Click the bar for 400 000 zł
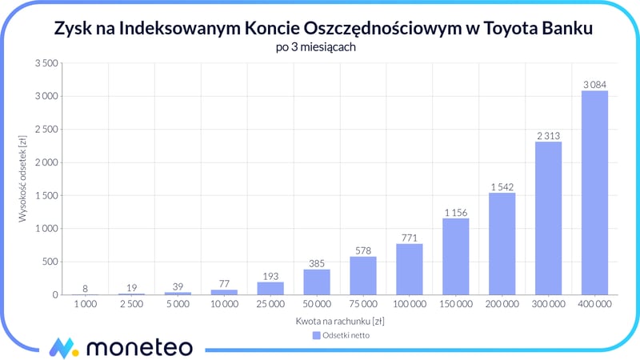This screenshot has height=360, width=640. pyautogui.click(x=594, y=193)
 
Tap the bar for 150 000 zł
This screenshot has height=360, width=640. pyautogui.click(x=455, y=256)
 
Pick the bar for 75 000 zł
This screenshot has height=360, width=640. pyautogui.click(x=362, y=275)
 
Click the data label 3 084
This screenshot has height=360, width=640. pyautogui.click(x=594, y=84)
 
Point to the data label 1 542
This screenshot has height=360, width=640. pyautogui.click(x=501, y=186)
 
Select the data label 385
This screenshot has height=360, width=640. pyautogui.click(x=316, y=263)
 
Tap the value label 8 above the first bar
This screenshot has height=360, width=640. pyautogui.click(x=85, y=288)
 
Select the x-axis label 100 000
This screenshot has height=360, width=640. pyautogui.click(x=409, y=306)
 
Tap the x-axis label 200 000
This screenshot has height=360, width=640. pyautogui.click(x=501, y=306)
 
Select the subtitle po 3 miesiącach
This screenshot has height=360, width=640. pyautogui.click(x=320, y=47)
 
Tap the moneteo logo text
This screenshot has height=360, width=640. pyautogui.click(x=139, y=347)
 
